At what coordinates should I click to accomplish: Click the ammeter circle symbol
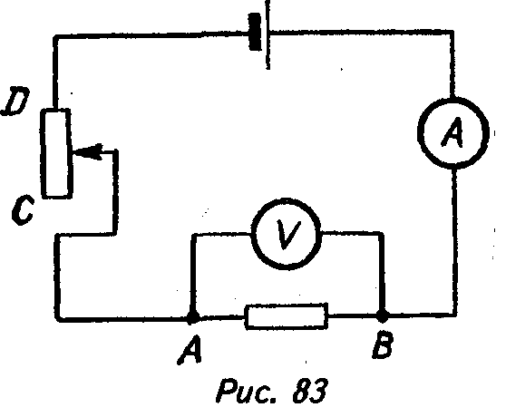tap(420, 132)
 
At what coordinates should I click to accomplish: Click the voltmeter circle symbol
tap(253, 234)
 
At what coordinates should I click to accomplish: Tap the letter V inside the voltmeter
tap(287, 235)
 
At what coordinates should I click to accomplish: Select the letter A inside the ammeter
tap(452, 132)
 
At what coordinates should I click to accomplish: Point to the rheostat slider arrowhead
tap(87, 151)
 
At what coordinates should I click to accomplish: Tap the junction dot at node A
tap(192, 317)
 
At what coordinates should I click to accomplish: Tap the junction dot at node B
tap(383, 315)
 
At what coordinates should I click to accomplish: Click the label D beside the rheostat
tap(15, 101)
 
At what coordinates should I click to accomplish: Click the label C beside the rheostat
tap(23, 208)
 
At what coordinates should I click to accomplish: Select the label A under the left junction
tap(190, 350)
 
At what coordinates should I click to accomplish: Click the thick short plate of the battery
tap(255, 32)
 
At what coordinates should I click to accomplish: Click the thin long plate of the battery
tap(268, 34)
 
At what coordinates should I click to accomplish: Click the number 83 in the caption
tap(310, 391)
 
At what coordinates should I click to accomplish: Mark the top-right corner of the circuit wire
tap(452, 32)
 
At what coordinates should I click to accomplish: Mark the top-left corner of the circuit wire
tap(55, 37)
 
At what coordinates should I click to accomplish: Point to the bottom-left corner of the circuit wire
tap(58, 318)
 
